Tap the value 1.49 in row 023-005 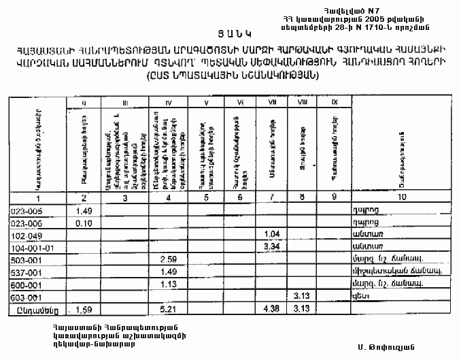click(x=84, y=210)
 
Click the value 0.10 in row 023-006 click(x=84, y=222)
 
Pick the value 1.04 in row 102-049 click(x=272, y=234)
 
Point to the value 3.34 click(x=272, y=246)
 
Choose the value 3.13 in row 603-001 click(x=303, y=297)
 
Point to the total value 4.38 click(x=272, y=310)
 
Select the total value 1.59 click(x=84, y=310)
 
